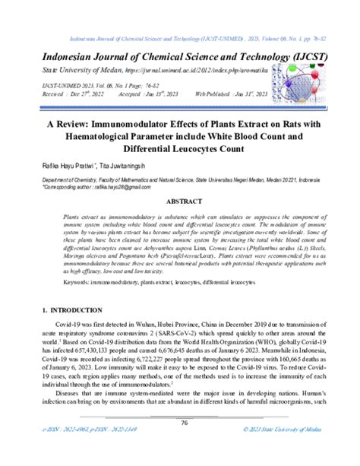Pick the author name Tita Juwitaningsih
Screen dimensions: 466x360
141,163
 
